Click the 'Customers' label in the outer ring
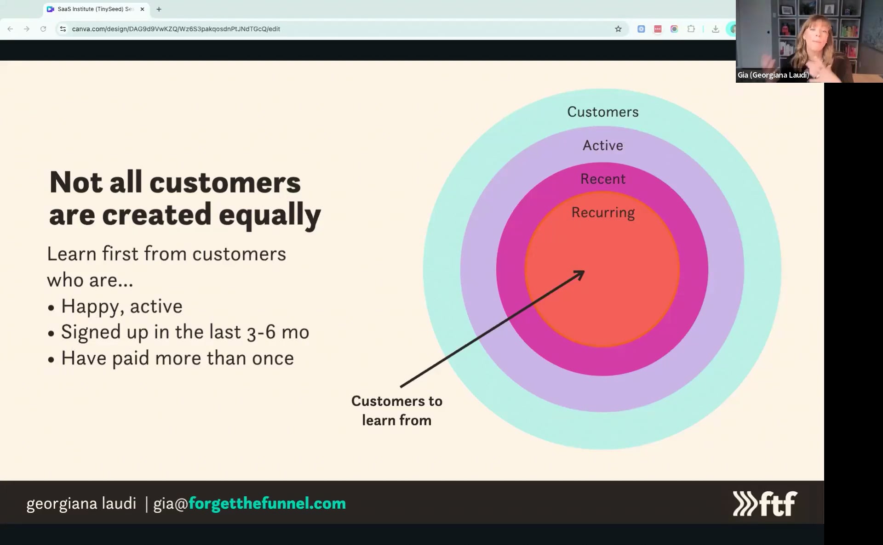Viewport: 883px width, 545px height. pos(602,112)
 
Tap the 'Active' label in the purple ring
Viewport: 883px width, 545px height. pos(602,145)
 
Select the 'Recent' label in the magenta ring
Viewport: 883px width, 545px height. pos(602,179)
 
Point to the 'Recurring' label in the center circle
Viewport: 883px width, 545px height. pos(602,212)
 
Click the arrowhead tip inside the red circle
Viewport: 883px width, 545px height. pos(583,272)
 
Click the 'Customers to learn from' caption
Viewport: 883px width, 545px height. pos(396,410)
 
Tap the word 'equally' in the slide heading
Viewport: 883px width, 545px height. pos(269,215)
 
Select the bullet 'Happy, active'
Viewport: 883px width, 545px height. pos(121,306)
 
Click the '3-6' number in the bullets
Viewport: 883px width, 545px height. pos(261,332)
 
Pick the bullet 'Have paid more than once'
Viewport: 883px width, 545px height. pos(177,358)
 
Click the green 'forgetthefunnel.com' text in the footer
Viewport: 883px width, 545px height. pos(267,503)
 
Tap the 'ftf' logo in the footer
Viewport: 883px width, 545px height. pos(765,504)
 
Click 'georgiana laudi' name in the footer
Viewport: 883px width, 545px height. pos(81,504)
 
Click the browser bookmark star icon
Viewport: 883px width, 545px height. pos(618,29)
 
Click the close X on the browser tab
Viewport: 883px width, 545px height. pos(142,9)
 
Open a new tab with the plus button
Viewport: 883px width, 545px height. pos(159,9)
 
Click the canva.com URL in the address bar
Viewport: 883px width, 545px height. pos(176,29)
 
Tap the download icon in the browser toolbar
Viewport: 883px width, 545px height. pos(715,29)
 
